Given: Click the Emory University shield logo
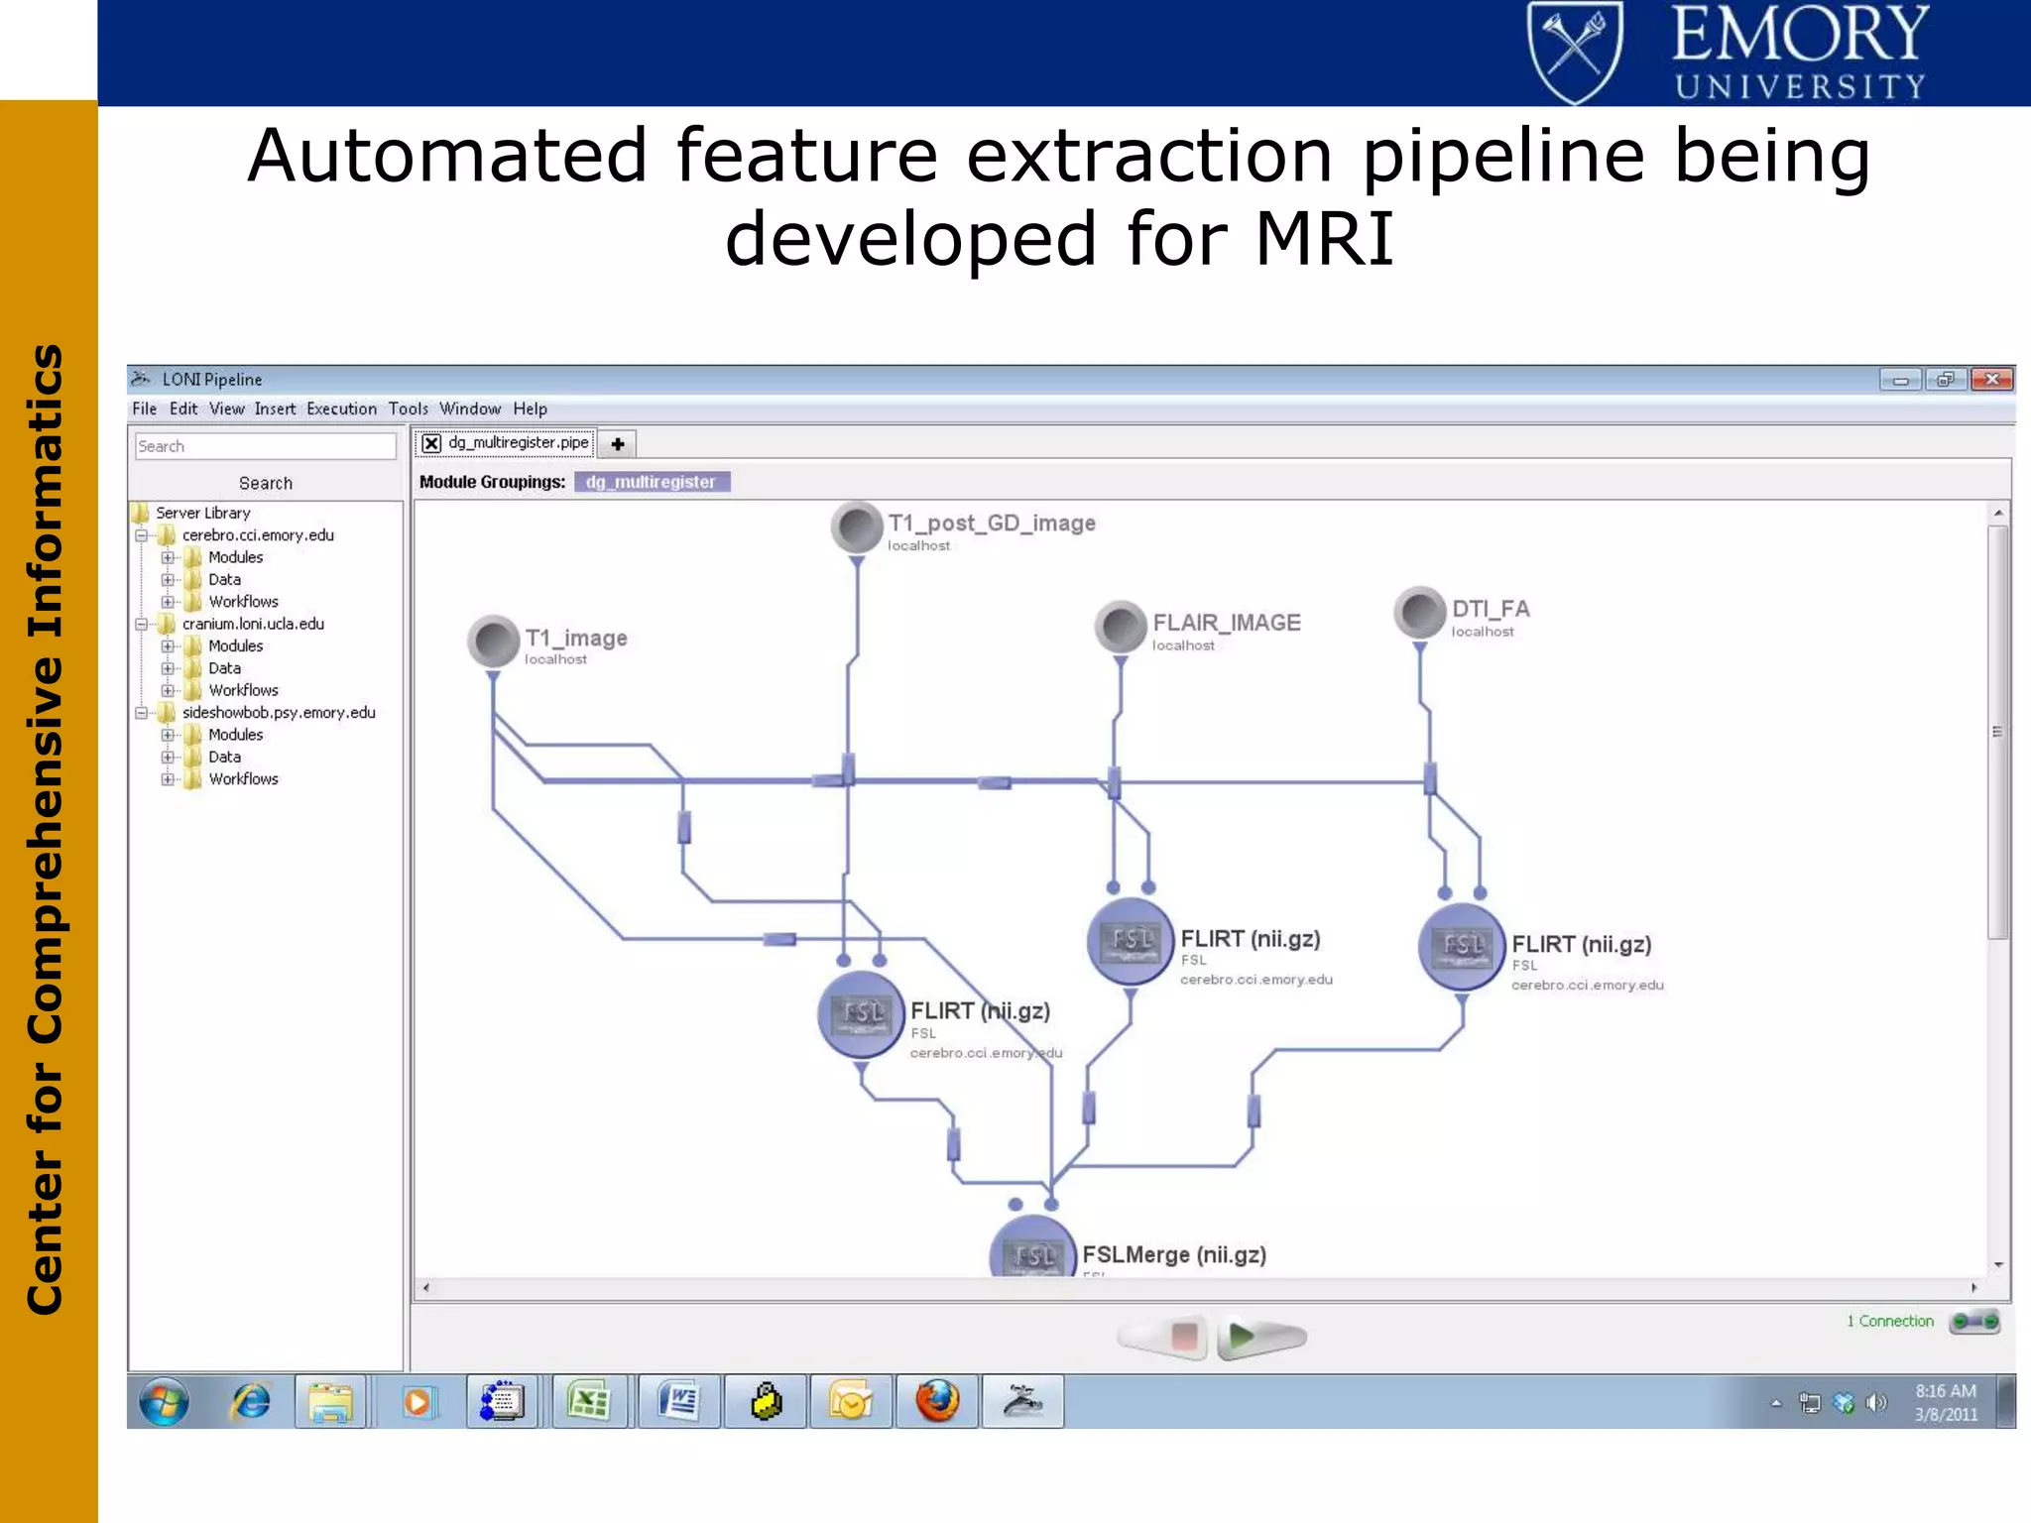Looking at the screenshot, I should point(1575,52).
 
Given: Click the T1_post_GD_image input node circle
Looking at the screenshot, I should point(857,527).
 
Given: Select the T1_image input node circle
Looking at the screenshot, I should point(493,642).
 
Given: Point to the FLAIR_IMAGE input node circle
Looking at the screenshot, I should point(1121,627).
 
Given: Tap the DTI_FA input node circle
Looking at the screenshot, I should point(1419,612).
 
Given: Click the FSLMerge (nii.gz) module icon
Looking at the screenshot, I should point(1033,1251).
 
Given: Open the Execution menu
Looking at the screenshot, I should point(341,409).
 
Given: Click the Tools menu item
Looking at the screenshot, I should point(408,409).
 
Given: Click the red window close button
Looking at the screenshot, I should point(1991,379).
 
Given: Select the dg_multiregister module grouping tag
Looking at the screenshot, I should point(651,482).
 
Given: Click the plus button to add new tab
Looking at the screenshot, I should point(617,444).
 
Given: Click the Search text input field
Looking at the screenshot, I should point(265,446).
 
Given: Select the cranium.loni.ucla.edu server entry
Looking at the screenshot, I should point(253,624).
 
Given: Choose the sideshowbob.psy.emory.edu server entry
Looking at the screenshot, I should point(279,712).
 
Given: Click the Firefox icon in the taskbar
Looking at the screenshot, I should point(937,1401).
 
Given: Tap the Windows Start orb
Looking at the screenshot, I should point(165,1402).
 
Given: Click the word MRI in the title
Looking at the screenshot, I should point(1325,239).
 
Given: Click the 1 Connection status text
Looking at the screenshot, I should point(1890,1321).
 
